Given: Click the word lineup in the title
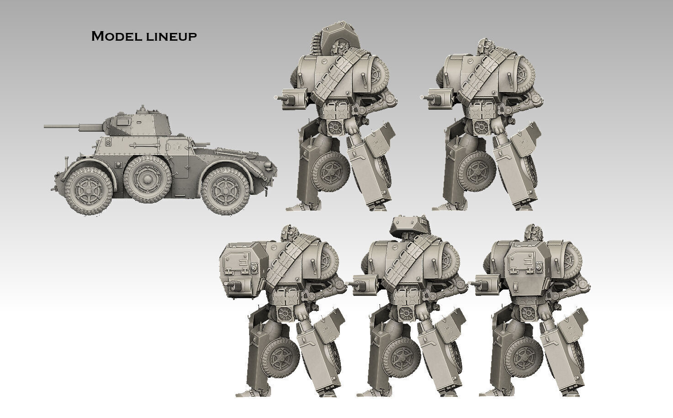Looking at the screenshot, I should coord(172,37).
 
